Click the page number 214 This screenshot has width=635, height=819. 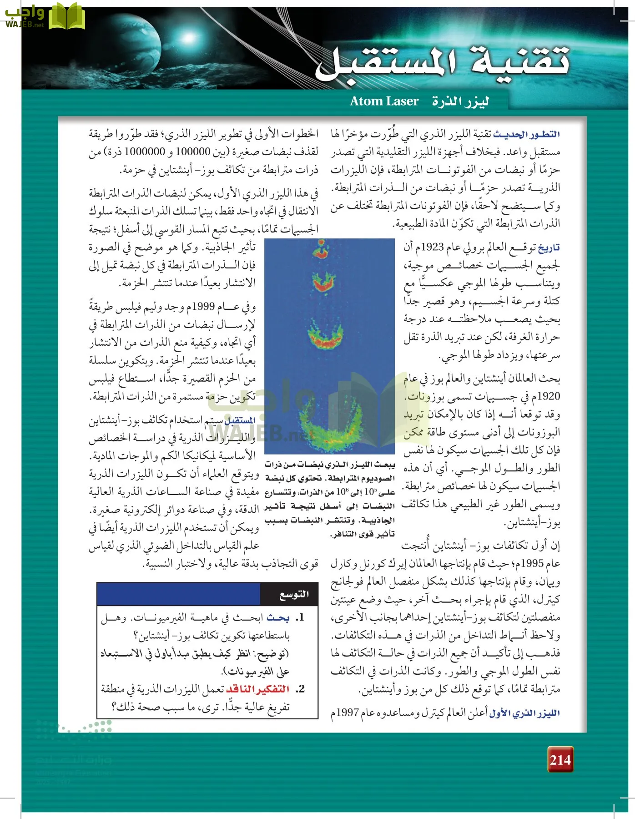point(560,759)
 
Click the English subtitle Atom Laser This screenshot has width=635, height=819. point(384,101)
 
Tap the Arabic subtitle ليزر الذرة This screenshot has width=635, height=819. point(460,101)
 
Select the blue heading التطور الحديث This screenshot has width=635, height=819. point(526,134)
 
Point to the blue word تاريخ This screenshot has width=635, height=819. point(549,248)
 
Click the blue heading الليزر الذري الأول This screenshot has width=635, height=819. point(524,713)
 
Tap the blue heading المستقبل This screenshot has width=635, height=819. point(240,420)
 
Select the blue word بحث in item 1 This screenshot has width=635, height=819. point(278,618)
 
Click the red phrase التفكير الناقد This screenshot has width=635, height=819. point(258,689)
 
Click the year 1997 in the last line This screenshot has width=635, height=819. point(348,713)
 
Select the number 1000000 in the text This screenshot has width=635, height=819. point(145,152)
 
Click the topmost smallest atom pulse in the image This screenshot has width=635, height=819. point(322,250)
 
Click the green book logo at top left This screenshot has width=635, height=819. point(66,16)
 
